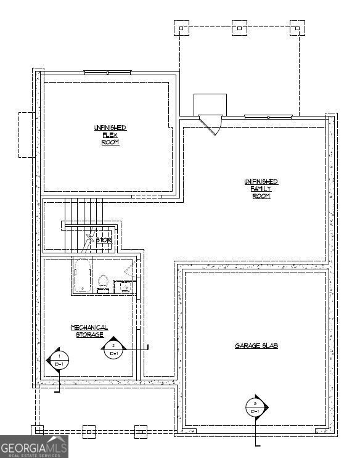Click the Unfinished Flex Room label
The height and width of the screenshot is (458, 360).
[x=110, y=135]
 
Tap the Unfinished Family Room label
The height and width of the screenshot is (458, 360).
[x=261, y=189]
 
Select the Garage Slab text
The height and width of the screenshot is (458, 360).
[x=256, y=346]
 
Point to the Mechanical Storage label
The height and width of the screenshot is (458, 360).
[x=89, y=331]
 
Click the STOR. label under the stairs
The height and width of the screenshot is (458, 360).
[x=103, y=240]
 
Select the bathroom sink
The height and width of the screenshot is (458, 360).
[x=124, y=287]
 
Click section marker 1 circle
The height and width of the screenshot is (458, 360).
[x=59, y=360]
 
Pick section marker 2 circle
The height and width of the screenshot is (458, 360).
[x=113, y=349]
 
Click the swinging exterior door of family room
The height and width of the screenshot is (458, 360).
[x=212, y=124]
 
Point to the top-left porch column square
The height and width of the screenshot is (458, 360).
[x=182, y=27]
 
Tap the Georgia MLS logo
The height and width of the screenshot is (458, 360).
[x=34, y=446]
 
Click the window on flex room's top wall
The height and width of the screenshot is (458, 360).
[x=107, y=72]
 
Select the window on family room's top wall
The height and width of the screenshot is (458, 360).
[x=268, y=117]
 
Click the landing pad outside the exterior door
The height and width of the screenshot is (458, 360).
[x=210, y=104]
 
